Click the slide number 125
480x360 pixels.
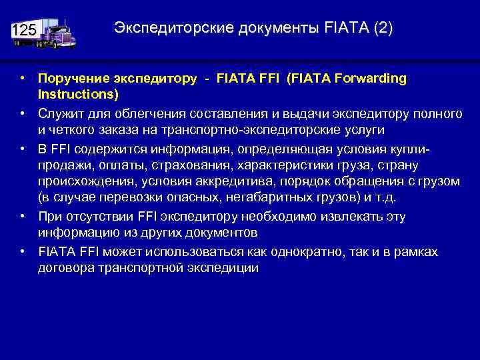coord(24,31)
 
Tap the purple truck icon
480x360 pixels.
coord(57,33)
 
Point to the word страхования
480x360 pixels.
coord(187,165)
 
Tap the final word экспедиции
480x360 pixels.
coord(223,267)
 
